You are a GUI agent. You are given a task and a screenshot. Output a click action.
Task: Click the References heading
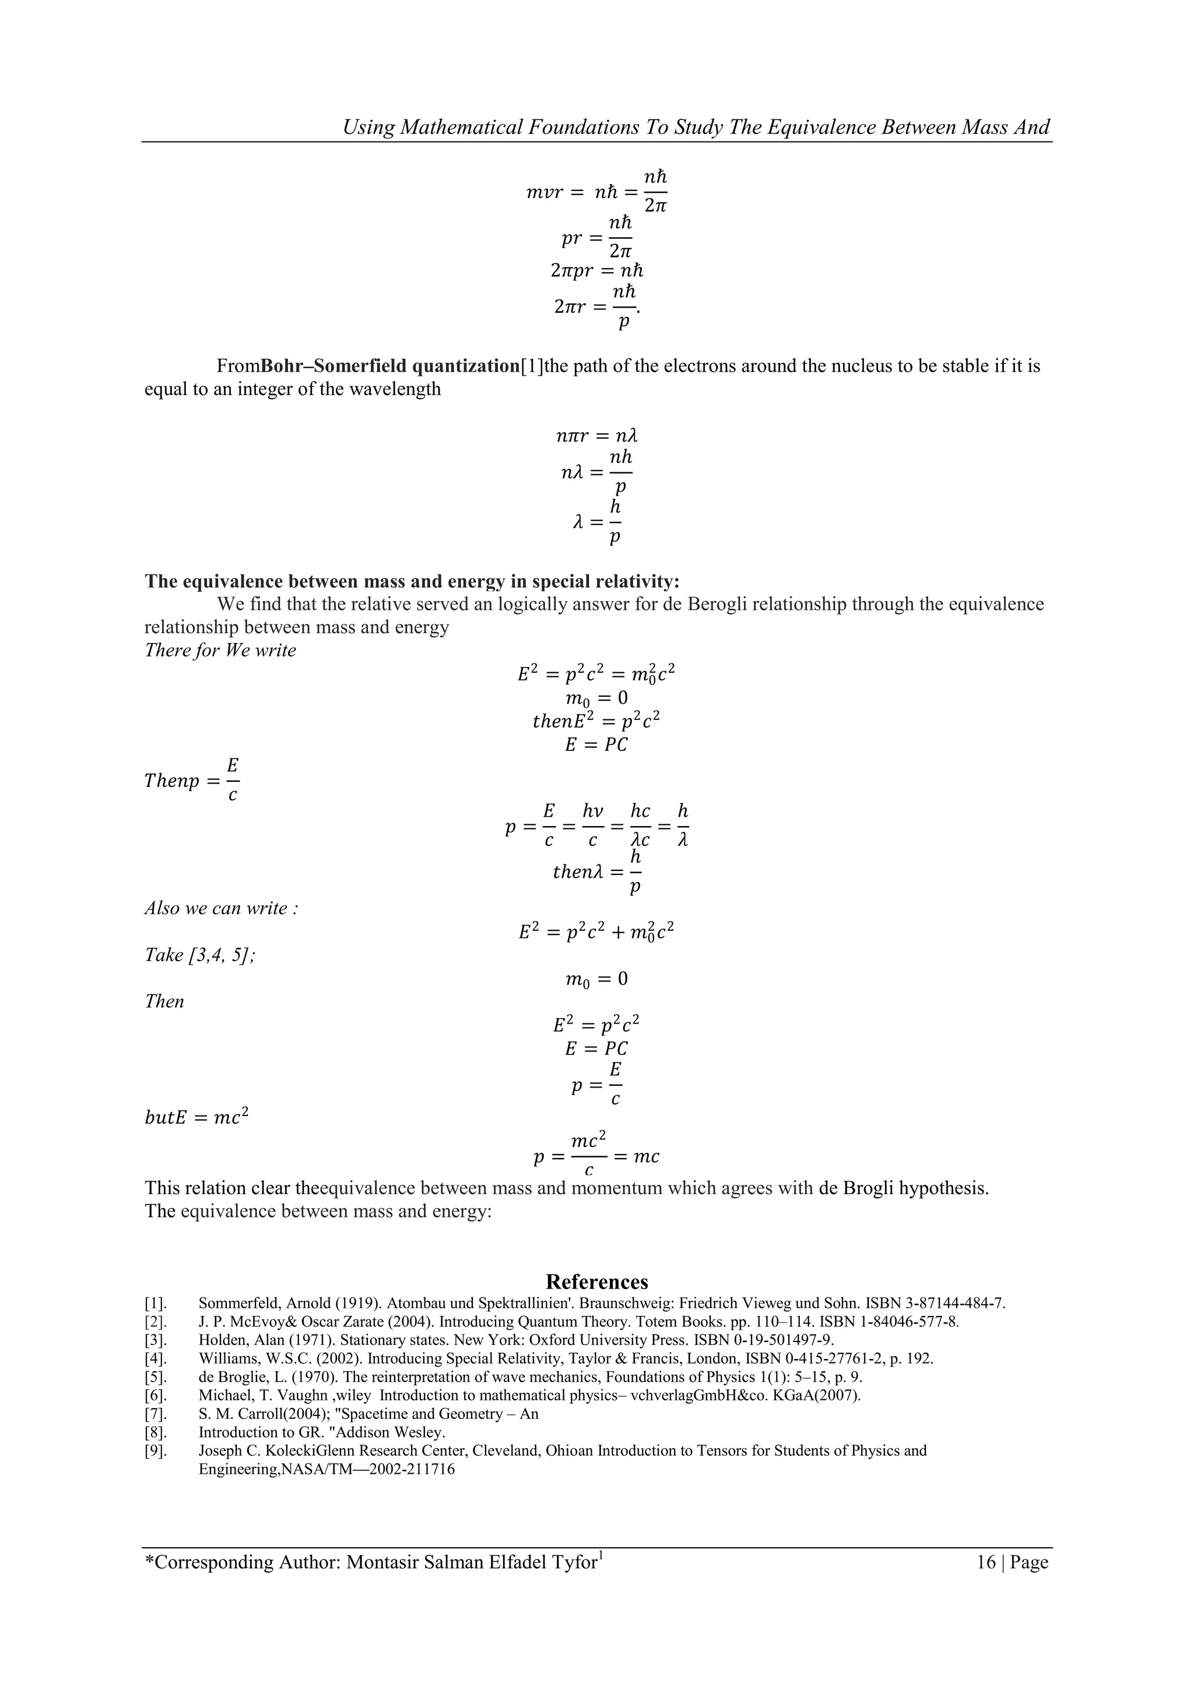tap(596, 1282)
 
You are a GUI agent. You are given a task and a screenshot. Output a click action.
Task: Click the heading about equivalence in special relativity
tap(412, 581)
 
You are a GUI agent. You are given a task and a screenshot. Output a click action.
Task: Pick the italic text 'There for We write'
tap(220, 650)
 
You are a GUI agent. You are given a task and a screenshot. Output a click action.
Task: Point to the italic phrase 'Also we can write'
tap(220, 908)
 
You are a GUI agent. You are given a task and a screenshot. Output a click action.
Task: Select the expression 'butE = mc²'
tap(196, 1117)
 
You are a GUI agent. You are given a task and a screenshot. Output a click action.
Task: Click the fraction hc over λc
tap(640, 826)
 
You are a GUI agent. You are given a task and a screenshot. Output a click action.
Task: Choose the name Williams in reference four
tap(225, 1358)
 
